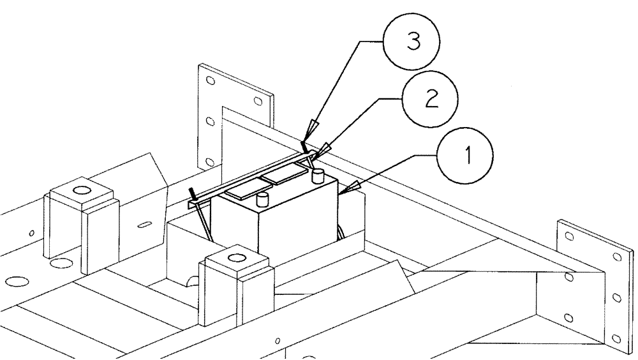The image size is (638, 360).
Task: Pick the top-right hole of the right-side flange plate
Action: tap(616, 258)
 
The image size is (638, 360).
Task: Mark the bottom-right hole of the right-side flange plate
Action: tap(615, 338)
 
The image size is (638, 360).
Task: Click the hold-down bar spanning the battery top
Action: tap(249, 175)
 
